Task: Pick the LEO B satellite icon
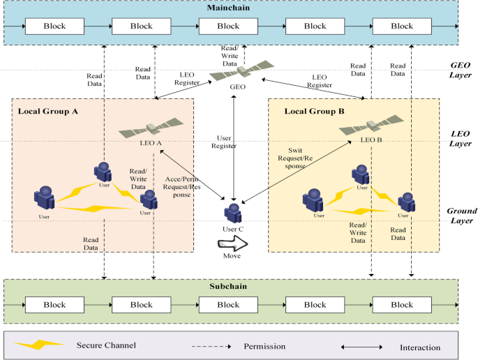click(371, 128)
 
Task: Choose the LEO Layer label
click(462, 138)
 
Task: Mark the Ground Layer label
click(461, 215)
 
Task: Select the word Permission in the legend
click(264, 346)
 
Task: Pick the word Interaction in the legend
click(420, 347)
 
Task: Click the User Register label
click(225, 142)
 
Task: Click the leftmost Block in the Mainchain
click(54, 27)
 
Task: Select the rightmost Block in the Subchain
click(401, 305)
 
